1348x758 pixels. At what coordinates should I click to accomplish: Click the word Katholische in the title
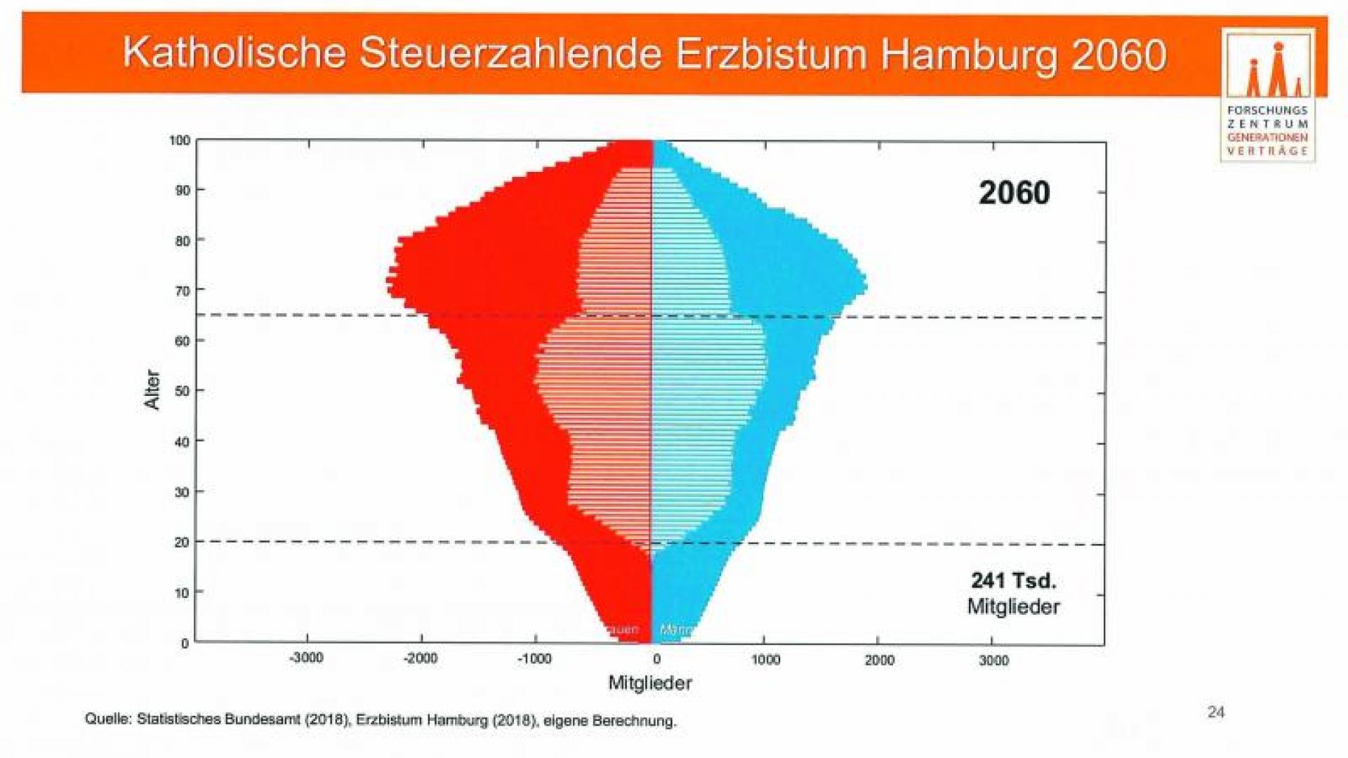click(234, 53)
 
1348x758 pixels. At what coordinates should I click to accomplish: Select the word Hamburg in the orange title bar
click(968, 55)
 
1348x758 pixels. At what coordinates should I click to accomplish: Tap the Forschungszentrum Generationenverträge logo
click(1268, 95)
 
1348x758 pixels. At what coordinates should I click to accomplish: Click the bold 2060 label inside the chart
click(1014, 193)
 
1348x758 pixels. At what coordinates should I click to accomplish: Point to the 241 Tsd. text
click(1013, 580)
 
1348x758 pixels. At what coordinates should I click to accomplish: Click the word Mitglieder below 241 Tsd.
click(1013, 606)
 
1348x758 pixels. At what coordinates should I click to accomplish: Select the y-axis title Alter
click(152, 390)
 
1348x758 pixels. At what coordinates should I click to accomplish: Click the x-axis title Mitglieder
click(650, 683)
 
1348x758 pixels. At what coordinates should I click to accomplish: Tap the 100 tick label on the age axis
click(180, 140)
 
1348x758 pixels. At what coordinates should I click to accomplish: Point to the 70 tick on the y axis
click(183, 291)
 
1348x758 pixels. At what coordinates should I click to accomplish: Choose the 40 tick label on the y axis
click(183, 441)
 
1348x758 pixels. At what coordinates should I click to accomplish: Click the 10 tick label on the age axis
click(183, 593)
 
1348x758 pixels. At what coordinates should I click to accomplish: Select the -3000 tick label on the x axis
click(307, 658)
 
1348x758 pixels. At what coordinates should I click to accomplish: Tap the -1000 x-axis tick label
click(535, 659)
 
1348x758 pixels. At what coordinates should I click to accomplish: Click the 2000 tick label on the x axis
click(879, 660)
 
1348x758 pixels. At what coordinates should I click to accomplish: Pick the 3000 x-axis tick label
click(993, 660)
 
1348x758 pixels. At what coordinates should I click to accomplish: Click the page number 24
click(1216, 712)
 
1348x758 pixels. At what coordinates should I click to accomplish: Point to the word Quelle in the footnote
click(107, 719)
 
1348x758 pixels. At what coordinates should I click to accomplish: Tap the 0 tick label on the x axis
click(656, 659)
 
